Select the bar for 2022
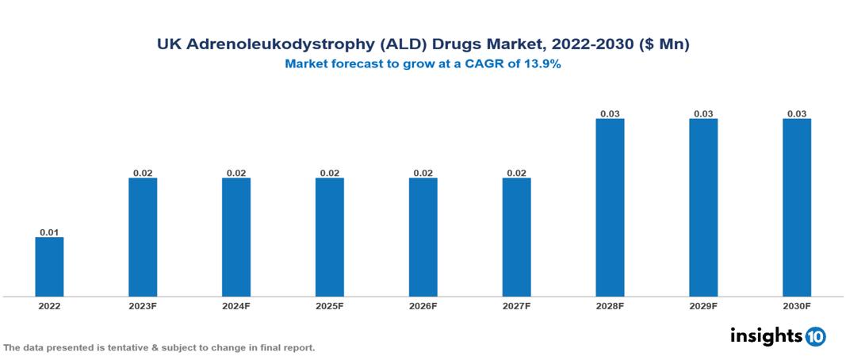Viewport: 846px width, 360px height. tap(49, 266)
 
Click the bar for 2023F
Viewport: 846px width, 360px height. tap(143, 237)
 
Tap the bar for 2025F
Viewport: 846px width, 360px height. tap(330, 237)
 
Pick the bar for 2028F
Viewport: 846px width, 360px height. tap(610, 207)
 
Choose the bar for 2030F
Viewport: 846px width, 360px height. tap(797, 207)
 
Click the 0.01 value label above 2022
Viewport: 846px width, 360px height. tap(49, 232)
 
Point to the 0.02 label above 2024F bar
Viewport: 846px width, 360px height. tap(236, 173)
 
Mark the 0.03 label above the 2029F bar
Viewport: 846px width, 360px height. tap(703, 113)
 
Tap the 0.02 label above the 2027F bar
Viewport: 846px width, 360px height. tap(516, 173)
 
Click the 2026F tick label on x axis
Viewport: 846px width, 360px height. tap(423, 306)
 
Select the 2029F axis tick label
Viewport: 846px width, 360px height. tap(703, 306)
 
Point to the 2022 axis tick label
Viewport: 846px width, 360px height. tap(49, 306)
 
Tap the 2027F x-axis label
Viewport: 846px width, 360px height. tap(516, 306)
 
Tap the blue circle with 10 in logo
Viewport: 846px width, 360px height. tap(815, 336)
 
